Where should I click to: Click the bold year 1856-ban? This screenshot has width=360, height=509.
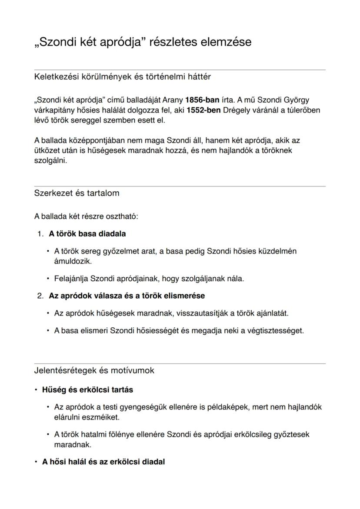pyautogui.click(x=202, y=100)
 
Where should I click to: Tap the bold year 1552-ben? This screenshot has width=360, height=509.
pyautogui.click(x=203, y=110)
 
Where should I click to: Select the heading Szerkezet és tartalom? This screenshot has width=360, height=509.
pyautogui.click(x=77, y=193)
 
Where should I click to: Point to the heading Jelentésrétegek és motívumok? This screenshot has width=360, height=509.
pyautogui.click(x=94, y=370)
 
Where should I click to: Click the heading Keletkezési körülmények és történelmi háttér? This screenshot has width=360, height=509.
pyautogui.click(x=122, y=77)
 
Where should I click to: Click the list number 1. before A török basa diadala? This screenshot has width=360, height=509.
pyautogui.click(x=40, y=234)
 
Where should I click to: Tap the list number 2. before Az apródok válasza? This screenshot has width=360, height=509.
pyautogui.click(x=40, y=296)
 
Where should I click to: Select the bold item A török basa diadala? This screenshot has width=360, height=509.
pyautogui.click(x=87, y=234)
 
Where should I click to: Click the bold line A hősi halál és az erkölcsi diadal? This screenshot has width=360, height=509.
pyautogui.click(x=103, y=462)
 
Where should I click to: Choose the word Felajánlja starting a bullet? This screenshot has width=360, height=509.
pyautogui.click(x=71, y=279)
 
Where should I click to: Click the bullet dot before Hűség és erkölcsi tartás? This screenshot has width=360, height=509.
pyautogui.click(x=36, y=389)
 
